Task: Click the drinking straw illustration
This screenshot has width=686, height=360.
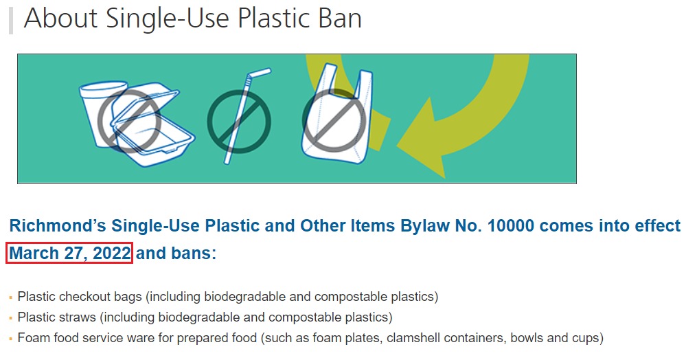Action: pos(248,115)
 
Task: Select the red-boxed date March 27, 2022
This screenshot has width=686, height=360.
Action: pos(69,253)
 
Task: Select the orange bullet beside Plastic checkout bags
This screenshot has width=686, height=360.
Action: pos(10,297)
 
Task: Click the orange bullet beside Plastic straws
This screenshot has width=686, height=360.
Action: pos(10,318)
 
